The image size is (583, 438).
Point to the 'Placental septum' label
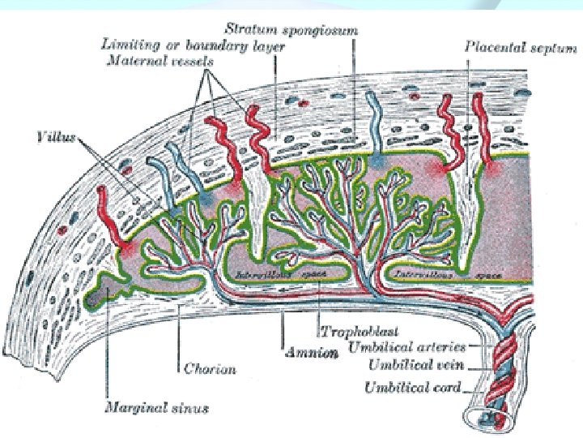click(521, 48)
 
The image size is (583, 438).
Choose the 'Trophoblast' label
click(348, 331)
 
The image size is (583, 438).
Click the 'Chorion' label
click(208, 369)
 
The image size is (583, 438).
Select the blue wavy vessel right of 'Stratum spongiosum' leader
click(375, 122)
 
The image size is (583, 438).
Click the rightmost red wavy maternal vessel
click(481, 130)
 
